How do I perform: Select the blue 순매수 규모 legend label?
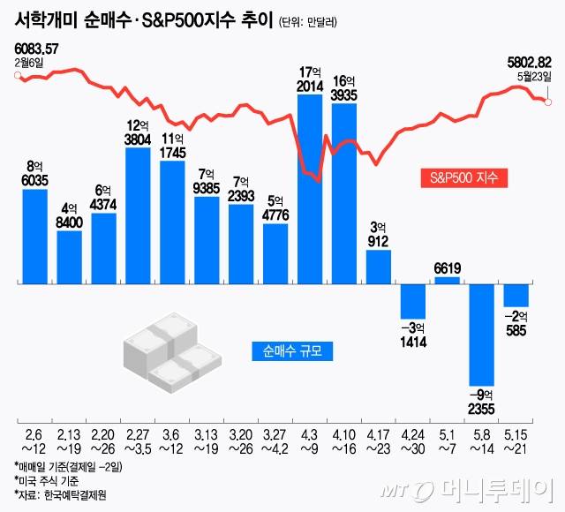click(x=292, y=350)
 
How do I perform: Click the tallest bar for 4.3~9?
click(x=309, y=188)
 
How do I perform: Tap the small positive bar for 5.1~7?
click(x=448, y=280)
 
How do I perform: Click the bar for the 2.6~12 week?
click(x=35, y=236)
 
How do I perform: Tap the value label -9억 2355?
click(x=482, y=399)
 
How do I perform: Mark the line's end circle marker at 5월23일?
click(x=548, y=102)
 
